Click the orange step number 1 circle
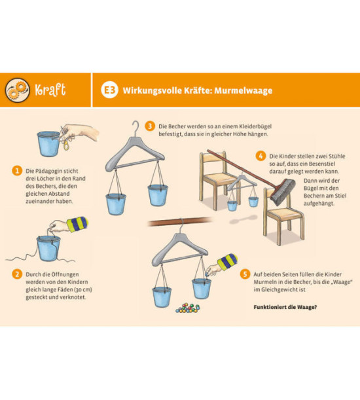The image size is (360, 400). tap(17, 171)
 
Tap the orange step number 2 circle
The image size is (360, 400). tap(17, 274)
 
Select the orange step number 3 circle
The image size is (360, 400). tap(150, 126)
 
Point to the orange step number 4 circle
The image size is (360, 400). tap(261, 156)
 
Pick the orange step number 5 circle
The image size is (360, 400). tap(245, 274)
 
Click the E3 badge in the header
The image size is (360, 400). tap(109, 90)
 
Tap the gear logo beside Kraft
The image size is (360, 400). tap(18, 90)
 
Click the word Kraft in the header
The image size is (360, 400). tap(50, 90)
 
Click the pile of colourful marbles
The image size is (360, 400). tap(188, 308)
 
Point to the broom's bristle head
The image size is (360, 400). tap(283, 192)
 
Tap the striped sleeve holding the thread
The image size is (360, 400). tap(77, 223)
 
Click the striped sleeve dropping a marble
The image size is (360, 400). tap(227, 261)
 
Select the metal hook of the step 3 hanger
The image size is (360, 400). tap(135, 128)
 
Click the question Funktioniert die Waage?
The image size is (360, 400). tap(285, 307)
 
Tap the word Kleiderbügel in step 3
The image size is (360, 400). tap(257, 126)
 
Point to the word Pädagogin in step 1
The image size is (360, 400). tap(49, 171)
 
